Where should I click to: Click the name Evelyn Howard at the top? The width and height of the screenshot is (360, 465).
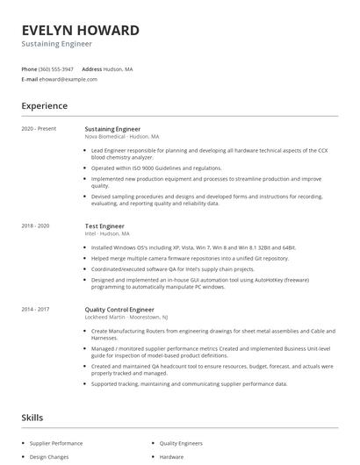click(x=80, y=30)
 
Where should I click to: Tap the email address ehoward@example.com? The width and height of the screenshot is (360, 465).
click(x=68, y=79)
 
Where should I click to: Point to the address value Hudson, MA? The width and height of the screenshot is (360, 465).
click(x=119, y=68)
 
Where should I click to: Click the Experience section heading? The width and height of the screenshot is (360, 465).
click(x=44, y=106)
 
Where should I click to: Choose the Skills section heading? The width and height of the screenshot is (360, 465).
click(x=32, y=418)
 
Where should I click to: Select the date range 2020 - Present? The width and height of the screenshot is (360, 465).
click(x=39, y=129)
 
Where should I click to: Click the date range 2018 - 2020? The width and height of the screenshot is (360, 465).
click(x=35, y=225)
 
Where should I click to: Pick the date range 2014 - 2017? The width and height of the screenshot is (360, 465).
click(x=35, y=309)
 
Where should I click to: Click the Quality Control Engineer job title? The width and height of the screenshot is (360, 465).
click(x=120, y=309)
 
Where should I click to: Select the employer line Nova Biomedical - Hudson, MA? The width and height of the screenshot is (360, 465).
click(x=121, y=137)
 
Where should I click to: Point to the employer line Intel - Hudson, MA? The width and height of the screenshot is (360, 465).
click(x=106, y=233)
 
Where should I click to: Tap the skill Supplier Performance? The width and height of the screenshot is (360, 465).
click(x=56, y=444)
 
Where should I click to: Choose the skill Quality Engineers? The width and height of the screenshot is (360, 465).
click(x=181, y=444)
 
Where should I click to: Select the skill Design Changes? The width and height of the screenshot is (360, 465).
click(x=49, y=457)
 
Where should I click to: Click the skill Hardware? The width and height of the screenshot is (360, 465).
click(x=171, y=457)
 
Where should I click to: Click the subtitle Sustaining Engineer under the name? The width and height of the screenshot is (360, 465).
click(x=56, y=44)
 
